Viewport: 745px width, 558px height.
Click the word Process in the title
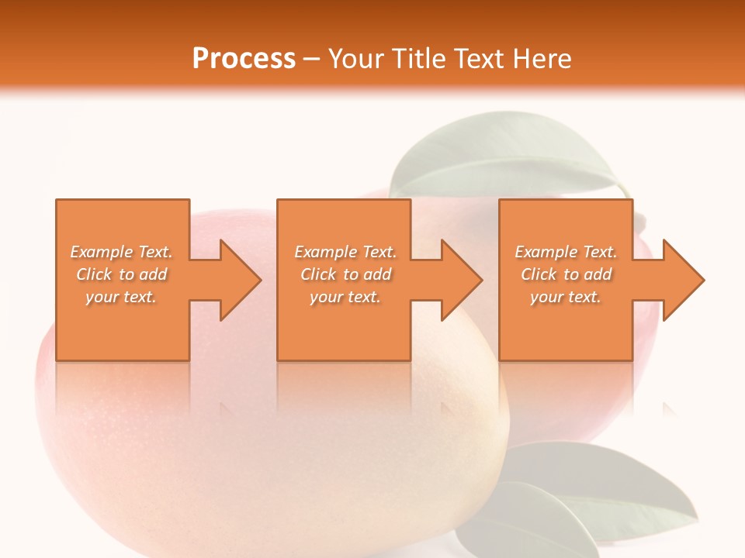click(244, 59)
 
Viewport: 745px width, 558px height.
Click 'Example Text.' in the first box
click(121, 252)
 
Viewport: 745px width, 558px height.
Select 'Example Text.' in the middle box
click(345, 252)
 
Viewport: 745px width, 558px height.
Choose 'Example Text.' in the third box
click(566, 252)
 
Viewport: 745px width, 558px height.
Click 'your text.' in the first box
click(121, 297)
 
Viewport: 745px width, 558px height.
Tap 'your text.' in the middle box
click(345, 297)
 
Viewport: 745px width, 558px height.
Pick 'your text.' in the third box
click(566, 297)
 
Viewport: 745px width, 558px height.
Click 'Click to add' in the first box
click(121, 274)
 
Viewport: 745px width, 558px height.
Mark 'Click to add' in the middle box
click(345, 274)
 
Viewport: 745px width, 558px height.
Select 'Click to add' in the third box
click(566, 274)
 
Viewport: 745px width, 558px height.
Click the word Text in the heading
click(477, 59)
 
